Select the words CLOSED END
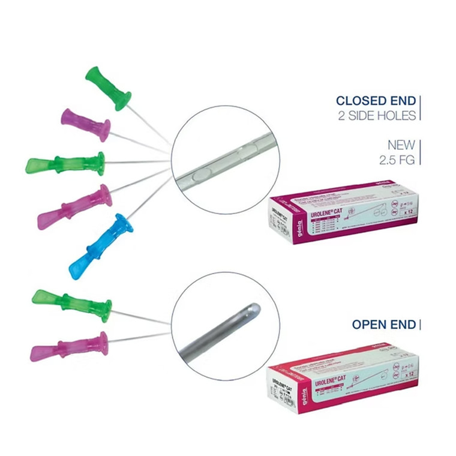pyautogui.click(x=376, y=101)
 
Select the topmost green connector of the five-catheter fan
pyautogui.click(x=108, y=88)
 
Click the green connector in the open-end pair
pyautogui.click(x=72, y=305)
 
